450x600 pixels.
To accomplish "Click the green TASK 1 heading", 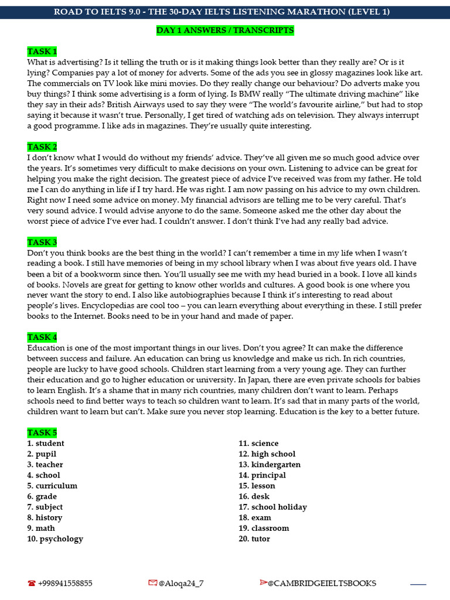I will (x=42, y=52).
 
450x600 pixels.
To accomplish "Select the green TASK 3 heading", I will (x=42, y=242).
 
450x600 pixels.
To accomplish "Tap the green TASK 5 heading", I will (x=42, y=432).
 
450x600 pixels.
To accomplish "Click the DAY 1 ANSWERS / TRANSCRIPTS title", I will (x=225, y=30).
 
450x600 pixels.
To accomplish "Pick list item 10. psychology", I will (x=55, y=538).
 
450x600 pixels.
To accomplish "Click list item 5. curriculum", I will (x=52, y=486).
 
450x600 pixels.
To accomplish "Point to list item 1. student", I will (x=46, y=444).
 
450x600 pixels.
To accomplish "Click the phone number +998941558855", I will (x=65, y=583).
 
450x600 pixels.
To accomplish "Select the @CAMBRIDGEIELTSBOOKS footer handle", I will (x=322, y=583).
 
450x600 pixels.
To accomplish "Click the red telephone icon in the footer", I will (x=31, y=584).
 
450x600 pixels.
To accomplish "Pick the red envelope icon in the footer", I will (x=153, y=583).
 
